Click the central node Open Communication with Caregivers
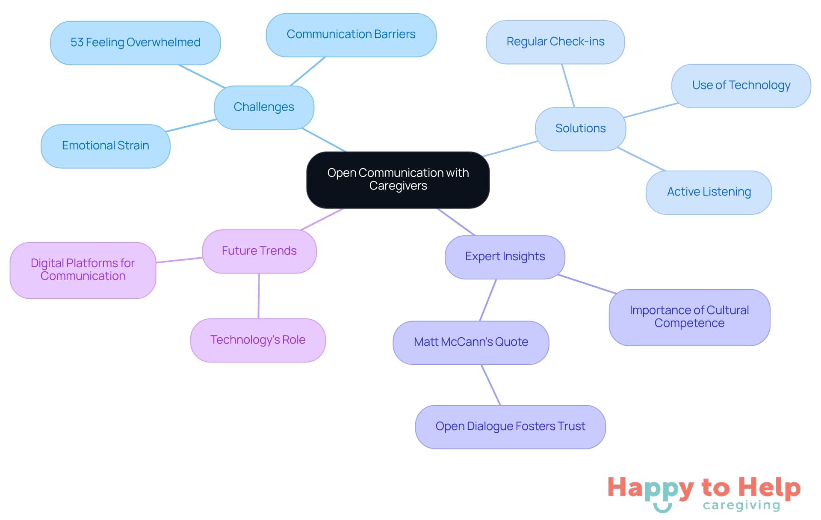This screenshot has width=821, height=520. click(398, 180)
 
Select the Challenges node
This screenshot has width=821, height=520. click(264, 107)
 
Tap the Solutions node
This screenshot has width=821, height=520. click(580, 128)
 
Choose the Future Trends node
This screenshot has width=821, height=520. click(259, 251)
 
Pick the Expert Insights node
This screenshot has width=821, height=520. click(505, 256)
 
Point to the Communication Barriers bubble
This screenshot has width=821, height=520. click(351, 35)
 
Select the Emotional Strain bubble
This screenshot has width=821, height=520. click(105, 146)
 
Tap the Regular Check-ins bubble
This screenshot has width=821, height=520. click(555, 42)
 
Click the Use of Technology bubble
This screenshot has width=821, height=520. click(741, 86)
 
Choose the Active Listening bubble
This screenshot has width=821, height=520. click(709, 192)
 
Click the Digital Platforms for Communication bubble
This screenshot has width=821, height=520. click(83, 270)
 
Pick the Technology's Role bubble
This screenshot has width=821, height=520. click(258, 340)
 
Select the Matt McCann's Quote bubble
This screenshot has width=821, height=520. click(471, 342)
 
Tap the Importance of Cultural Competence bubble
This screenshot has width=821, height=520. click(689, 317)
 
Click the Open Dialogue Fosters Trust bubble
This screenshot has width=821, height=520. click(510, 427)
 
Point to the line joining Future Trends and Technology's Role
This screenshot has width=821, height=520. click(259, 296)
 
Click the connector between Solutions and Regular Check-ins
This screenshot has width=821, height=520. click(568, 86)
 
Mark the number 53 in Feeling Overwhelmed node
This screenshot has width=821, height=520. click(77, 42)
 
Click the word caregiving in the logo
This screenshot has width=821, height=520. click(741, 505)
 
